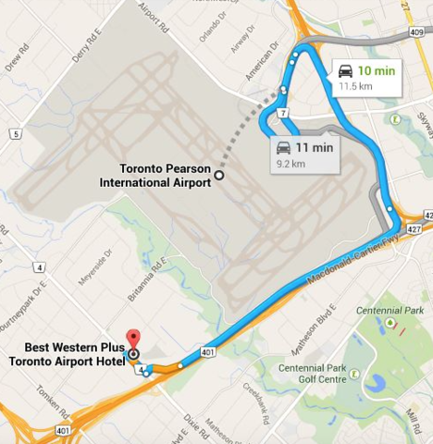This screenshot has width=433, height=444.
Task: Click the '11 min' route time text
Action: (x=315, y=147)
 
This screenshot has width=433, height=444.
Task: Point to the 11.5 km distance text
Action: (x=356, y=87)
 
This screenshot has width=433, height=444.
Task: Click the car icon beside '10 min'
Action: (x=344, y=70)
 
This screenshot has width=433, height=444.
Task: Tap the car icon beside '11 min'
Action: (x=283, y=147)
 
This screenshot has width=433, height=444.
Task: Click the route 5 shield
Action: (x=15, y=134)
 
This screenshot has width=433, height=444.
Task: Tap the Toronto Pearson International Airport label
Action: (x=155, y=175)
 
